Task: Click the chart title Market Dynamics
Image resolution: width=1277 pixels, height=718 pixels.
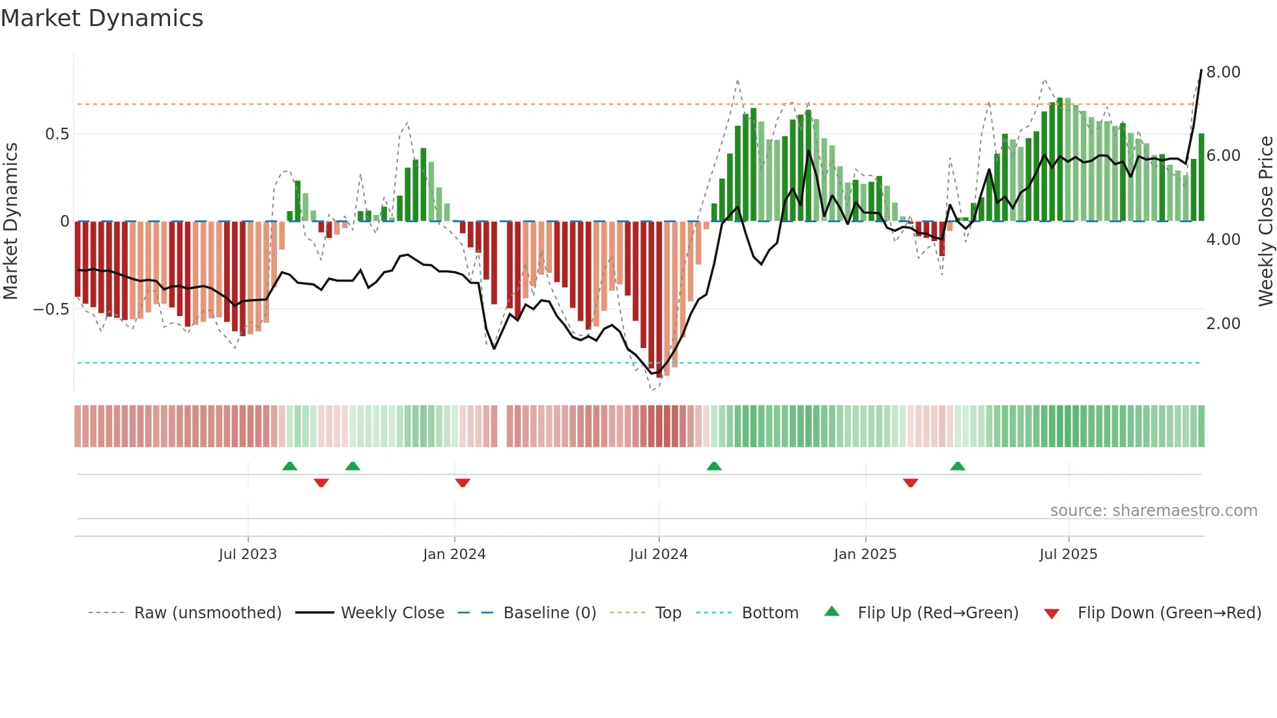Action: coord(102,18)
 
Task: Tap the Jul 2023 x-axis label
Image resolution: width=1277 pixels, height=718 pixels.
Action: coord(248,554)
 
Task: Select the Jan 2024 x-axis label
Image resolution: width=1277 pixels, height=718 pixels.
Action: coord(454,554)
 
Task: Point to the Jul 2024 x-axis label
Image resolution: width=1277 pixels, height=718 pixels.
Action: coord(659,554)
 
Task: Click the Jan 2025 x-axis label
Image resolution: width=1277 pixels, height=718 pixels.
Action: coord(865,554)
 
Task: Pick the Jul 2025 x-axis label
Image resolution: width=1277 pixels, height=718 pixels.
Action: coord(1069,554)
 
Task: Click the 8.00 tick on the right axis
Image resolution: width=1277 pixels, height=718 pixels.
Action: coord(1223,72)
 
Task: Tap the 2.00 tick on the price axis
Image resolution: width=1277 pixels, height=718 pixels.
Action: coord(1223,324)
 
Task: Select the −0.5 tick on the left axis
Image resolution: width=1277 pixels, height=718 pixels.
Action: coord(51,309)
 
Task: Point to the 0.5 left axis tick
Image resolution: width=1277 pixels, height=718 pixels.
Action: coord(57,134)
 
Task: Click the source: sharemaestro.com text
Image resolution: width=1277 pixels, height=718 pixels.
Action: coord(1153,511)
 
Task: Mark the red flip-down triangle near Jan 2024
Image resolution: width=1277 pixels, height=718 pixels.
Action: coord(463,483)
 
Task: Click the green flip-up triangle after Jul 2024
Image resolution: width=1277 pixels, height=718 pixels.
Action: coord(714,466)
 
